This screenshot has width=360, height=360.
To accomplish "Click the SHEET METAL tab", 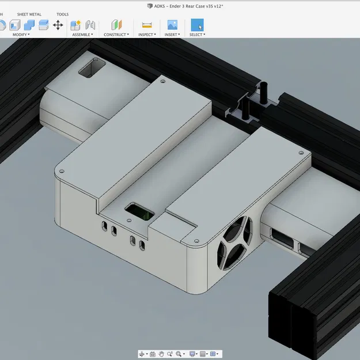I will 29,14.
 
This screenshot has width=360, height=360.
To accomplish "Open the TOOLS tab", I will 62,14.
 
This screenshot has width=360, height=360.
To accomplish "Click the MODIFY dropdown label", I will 21,35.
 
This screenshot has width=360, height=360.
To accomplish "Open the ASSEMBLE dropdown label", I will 82,35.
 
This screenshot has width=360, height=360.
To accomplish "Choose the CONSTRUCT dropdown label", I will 116,35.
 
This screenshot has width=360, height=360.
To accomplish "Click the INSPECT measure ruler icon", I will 146,25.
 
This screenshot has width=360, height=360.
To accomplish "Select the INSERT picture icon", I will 172,25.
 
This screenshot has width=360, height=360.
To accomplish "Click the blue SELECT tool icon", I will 197,25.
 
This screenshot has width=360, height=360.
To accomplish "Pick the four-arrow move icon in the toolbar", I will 58,25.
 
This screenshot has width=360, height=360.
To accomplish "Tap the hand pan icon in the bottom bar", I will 162,354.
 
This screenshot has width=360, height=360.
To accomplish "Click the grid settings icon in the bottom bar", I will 213,354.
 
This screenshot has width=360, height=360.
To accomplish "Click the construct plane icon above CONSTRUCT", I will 117,25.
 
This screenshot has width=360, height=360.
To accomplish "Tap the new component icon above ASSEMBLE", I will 75,25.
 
